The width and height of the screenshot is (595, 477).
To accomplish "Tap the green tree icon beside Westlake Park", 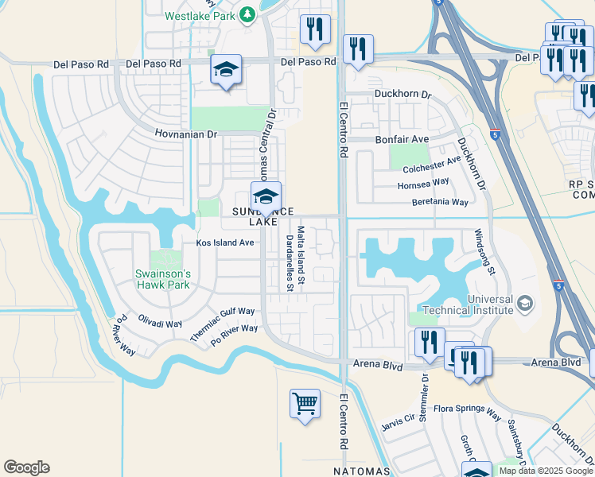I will coord(248,14).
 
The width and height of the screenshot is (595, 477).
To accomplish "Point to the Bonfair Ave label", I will coord(402,139).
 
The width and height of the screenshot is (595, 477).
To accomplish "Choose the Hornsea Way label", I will coord(423,184).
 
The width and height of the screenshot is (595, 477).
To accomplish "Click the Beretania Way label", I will coord(440,203).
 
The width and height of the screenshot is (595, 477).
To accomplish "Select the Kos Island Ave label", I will coord(225,242).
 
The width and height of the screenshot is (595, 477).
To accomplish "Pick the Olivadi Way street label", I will coord(161,324).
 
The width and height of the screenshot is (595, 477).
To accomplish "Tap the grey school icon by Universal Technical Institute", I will coord(525,302).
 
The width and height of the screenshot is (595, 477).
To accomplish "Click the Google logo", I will coord(26,467).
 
